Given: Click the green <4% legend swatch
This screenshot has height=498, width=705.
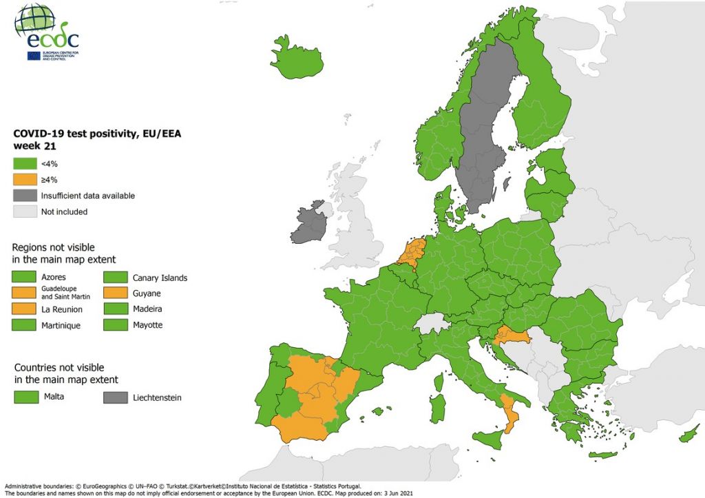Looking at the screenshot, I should click(23, 164).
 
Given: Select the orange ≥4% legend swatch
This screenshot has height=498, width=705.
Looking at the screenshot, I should click(23, 180).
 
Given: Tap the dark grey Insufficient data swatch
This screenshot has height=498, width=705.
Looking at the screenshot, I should click(23, 196).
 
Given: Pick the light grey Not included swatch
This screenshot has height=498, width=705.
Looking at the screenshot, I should click(23, 211).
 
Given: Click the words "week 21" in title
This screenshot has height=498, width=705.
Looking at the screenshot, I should click(34, 146).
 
